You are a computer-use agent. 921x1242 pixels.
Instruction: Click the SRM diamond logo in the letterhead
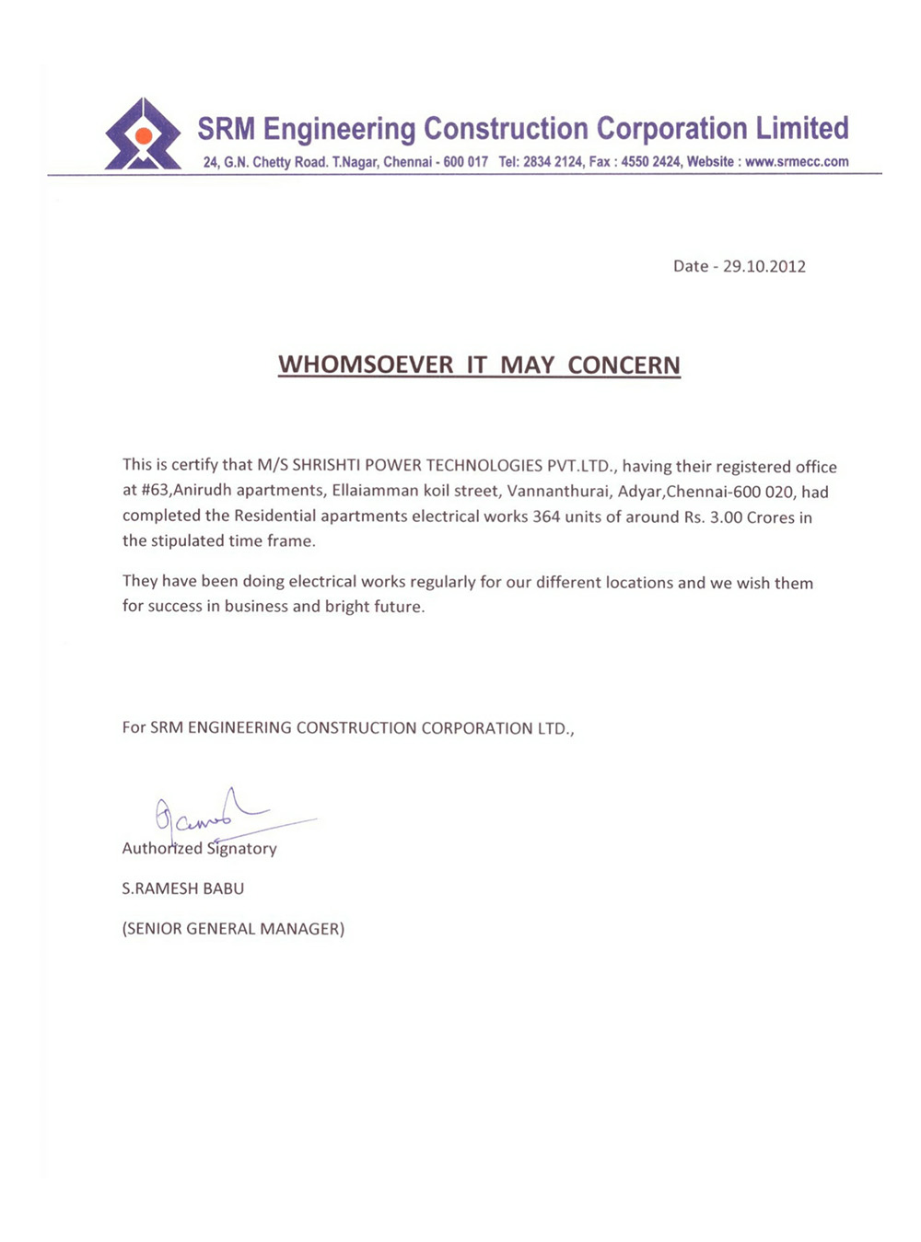[x=143, y=135]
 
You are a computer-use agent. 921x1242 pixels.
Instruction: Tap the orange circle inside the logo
[x=143, y=136]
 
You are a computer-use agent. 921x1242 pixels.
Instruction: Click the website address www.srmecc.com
[x=797, y=162]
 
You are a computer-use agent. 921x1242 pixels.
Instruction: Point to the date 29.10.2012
[x=764, y=266]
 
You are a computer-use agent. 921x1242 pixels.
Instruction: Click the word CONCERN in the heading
[x=624, y=366]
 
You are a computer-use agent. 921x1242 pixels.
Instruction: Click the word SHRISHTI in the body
[x=327, y=466]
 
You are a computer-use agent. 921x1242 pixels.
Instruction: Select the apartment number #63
[x=155, y=491]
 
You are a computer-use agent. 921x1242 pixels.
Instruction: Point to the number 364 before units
[x=546, y=517]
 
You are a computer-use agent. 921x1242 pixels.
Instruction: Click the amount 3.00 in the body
[x=726, y=517]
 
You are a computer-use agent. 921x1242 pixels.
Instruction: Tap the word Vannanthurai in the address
[x=558, y=492]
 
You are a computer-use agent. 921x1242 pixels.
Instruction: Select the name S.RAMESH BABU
[x=183, y=888]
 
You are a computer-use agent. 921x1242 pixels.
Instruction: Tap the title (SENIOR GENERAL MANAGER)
[x=233, y=929]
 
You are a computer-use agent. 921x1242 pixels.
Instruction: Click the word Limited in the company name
[x=802, y=128]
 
